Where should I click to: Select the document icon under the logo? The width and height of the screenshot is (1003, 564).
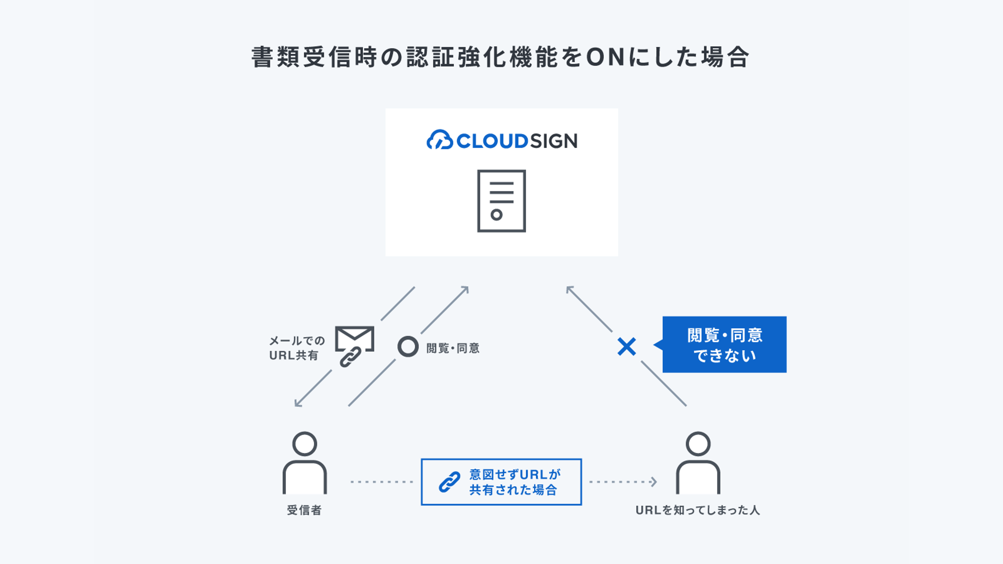pos(501,201)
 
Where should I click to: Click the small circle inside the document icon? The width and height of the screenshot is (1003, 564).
pos(496,214)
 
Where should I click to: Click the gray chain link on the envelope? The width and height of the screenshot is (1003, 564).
pos(350,357)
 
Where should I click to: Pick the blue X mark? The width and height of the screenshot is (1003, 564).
pos(626,346)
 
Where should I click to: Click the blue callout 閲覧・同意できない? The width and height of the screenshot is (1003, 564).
pos(724,345)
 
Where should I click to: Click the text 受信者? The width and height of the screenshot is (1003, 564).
pos(304,510)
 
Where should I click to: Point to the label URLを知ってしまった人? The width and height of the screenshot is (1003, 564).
pos(697,510)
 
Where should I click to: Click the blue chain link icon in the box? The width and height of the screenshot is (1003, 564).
pos(450,482)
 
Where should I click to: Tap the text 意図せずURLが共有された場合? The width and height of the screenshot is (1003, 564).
pos(515,482)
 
